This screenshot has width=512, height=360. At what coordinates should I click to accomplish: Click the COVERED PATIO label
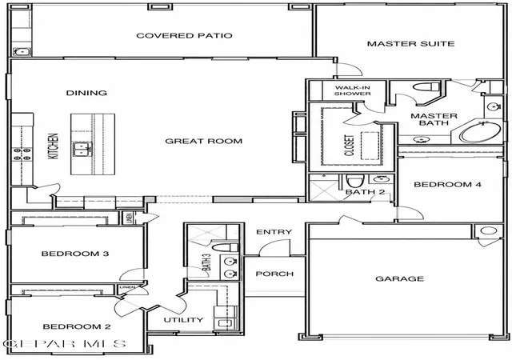point(184,36)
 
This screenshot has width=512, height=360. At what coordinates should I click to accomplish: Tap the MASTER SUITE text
point(410,44)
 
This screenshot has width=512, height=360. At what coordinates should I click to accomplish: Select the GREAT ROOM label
point(204,141)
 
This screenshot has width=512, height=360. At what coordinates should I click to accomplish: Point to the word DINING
point(86,93)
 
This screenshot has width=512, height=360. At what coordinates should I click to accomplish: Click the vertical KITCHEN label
point(54,146)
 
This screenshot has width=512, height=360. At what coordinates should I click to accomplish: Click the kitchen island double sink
point(82,150)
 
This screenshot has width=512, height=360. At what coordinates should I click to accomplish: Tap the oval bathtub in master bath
point(480,132)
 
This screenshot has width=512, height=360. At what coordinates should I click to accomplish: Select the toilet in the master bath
point(426,87)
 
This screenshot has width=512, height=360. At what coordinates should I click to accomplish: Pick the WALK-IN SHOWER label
point(352,90)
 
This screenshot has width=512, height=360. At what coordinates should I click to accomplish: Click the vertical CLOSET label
point(350,146)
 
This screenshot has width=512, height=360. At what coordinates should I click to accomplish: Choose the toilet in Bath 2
point(355,182)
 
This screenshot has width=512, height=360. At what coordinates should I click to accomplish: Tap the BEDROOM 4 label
point(448,185)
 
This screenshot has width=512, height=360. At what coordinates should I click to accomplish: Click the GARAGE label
point(400,278)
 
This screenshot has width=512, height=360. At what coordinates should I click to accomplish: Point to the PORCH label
point(274,274)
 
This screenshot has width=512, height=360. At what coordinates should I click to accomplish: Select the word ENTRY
point(274,232)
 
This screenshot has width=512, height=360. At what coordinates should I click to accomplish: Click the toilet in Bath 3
point(226,247)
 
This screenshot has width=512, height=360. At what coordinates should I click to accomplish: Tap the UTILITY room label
point(183,320)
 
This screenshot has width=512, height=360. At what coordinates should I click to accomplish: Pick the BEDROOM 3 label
point(75,254)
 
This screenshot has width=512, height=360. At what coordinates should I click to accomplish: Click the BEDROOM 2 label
point(77,326)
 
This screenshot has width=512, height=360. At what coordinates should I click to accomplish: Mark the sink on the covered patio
point(22,52)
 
